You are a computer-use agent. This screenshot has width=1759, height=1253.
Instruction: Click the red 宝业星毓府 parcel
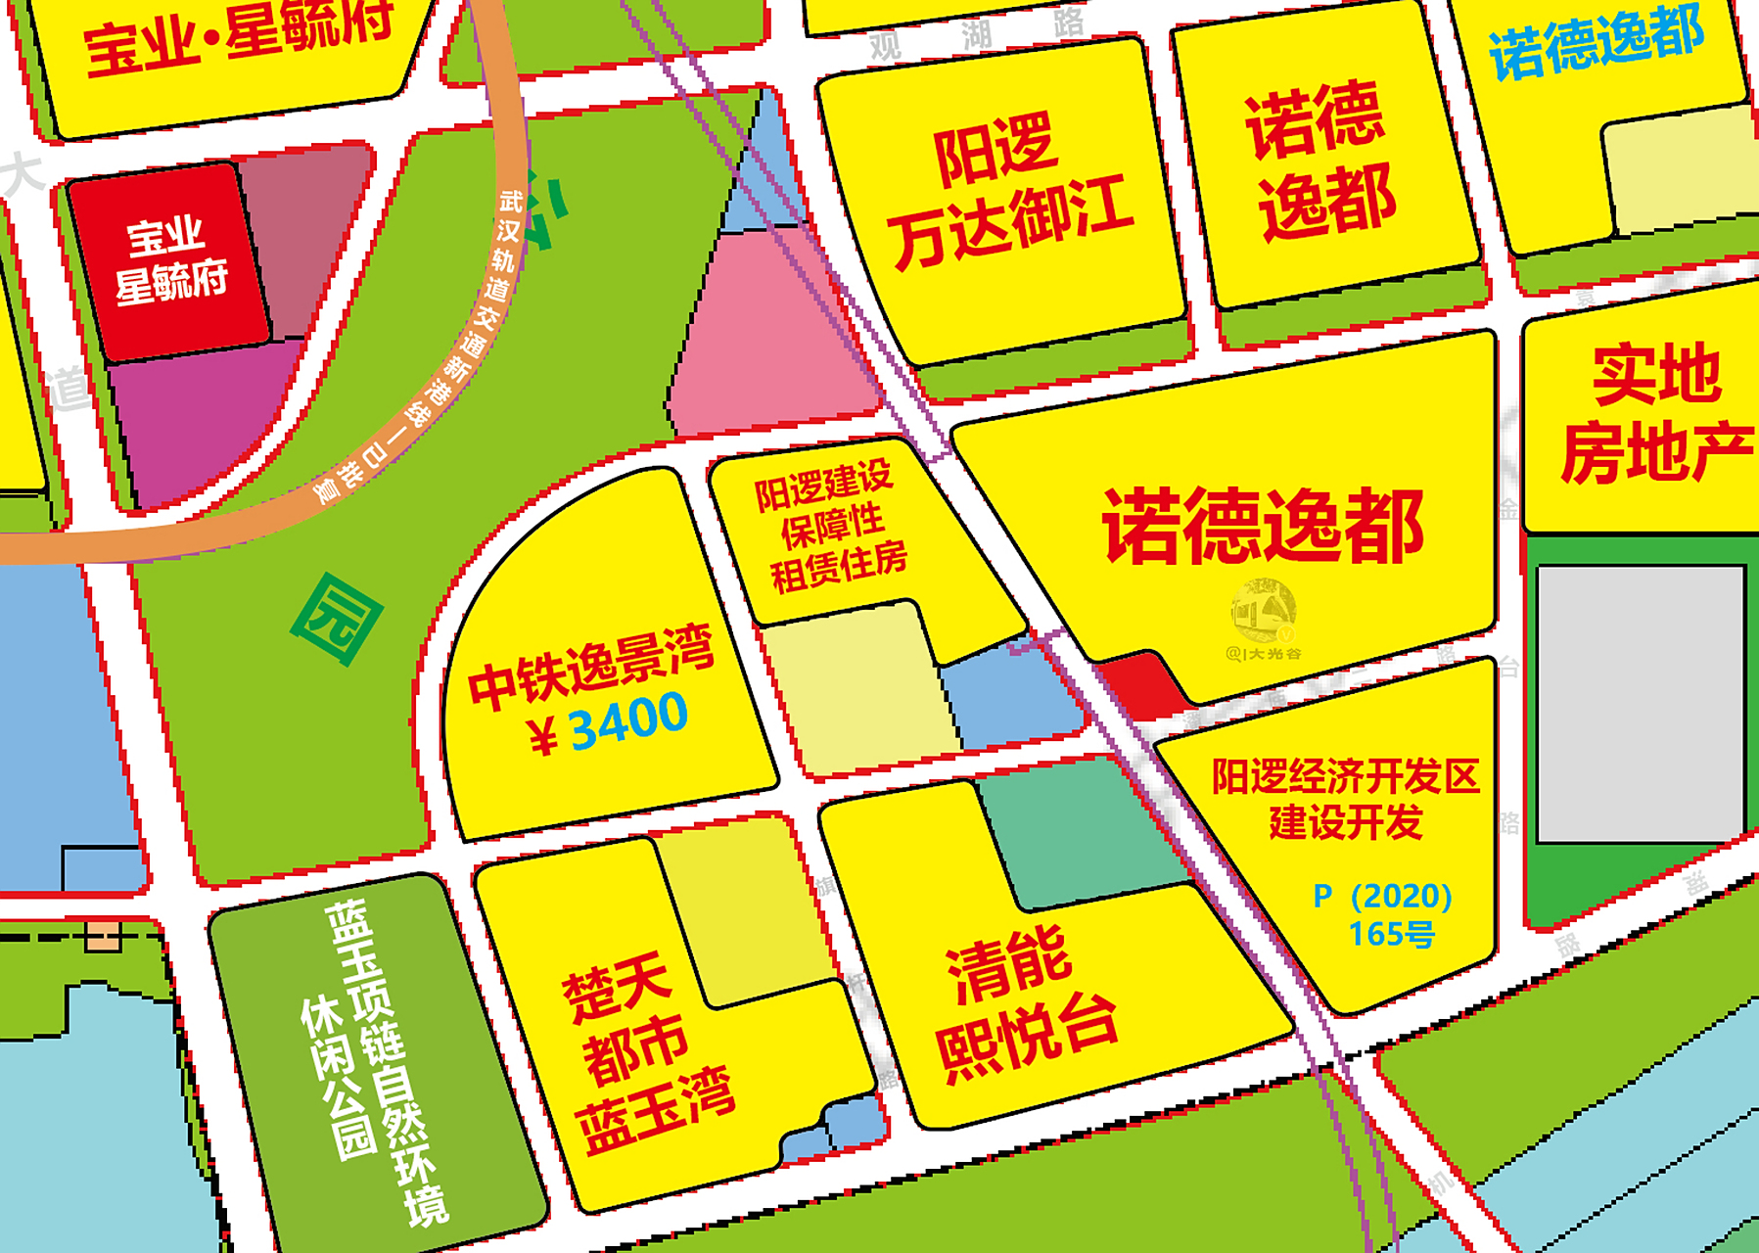click(170, 260)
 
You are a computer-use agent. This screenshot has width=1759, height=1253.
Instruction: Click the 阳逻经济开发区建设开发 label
click(1345, 799)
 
